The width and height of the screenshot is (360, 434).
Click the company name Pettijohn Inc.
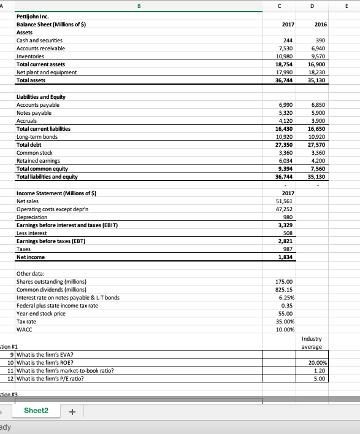tap(34, 17)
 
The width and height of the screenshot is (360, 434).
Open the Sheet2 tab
tap(36, 410)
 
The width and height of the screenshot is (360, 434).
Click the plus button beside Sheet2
tap(74, 411)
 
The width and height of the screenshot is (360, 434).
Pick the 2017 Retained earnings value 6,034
tap(286, 160)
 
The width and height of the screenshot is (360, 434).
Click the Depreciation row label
tap(33, 217)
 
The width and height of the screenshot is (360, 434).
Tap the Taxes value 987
tap(288, 249)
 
